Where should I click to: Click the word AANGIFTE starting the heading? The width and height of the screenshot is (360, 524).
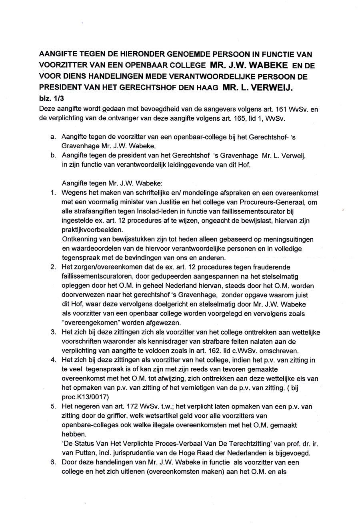pyautogui.click(x=58, y=54)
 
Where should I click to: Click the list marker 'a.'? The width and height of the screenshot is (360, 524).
pyautogui.click(x=53, y=137)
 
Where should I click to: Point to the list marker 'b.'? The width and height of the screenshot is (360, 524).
pyautogui.click(x=53, y=155)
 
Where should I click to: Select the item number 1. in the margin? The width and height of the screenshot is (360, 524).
pyautogui.click(x=53, y=193)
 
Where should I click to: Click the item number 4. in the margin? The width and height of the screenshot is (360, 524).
pyautogui.click(x=53, y=360)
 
